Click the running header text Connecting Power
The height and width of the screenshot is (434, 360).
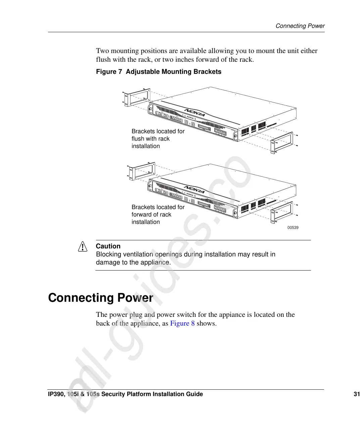pyautogui.click(x=300, y=26)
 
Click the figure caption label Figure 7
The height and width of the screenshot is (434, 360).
pyautogui.click(x=109, y=72)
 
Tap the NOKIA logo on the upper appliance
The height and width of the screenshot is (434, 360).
pyautogui.click(x=195, y=112)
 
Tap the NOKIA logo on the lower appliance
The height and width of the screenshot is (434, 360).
pyautogui.click(x=194, y=190)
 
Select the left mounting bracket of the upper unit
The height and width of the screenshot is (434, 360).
pyautogui.click(x=137, y=97)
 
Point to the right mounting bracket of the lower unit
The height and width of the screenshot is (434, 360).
pyautogui.click(x=282, y=212)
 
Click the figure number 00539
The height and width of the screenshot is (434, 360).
pyautogui.click(x=293, y=228)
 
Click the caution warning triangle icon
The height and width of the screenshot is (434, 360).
pyautogui.click(x=83, y=247)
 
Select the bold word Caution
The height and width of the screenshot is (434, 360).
pyautogui.click(x=108, y=246)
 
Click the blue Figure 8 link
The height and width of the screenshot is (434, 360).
pyautogui.click(x=182, y=324)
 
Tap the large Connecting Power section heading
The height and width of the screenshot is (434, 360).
pyautogui.click(x=101, y=298)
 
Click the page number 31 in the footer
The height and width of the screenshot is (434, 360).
pyautogui.click(x=357, y=394)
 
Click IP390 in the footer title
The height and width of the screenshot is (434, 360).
pyautogui.click(x=56, y=394)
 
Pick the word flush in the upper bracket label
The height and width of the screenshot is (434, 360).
pyautogui.click(x=138, y=139)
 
